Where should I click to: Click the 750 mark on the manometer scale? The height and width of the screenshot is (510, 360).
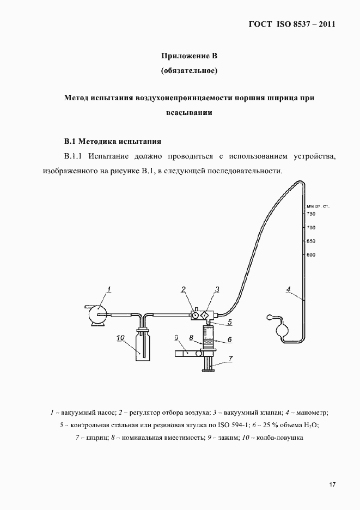(312, 214)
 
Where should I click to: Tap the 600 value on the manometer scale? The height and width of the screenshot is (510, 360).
(312, 254)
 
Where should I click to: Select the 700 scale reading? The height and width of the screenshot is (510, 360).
(312, 227)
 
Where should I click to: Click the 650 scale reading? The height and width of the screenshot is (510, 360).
(312, 241)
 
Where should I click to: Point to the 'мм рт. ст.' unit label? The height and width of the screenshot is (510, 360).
(318, 206)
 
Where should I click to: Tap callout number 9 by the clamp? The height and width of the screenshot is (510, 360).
(177, 338)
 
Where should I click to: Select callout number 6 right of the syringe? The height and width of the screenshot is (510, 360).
(230, 339)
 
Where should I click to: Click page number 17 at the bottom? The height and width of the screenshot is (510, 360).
(332, 484)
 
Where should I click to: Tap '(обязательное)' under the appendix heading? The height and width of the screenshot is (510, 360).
(190, 70)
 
